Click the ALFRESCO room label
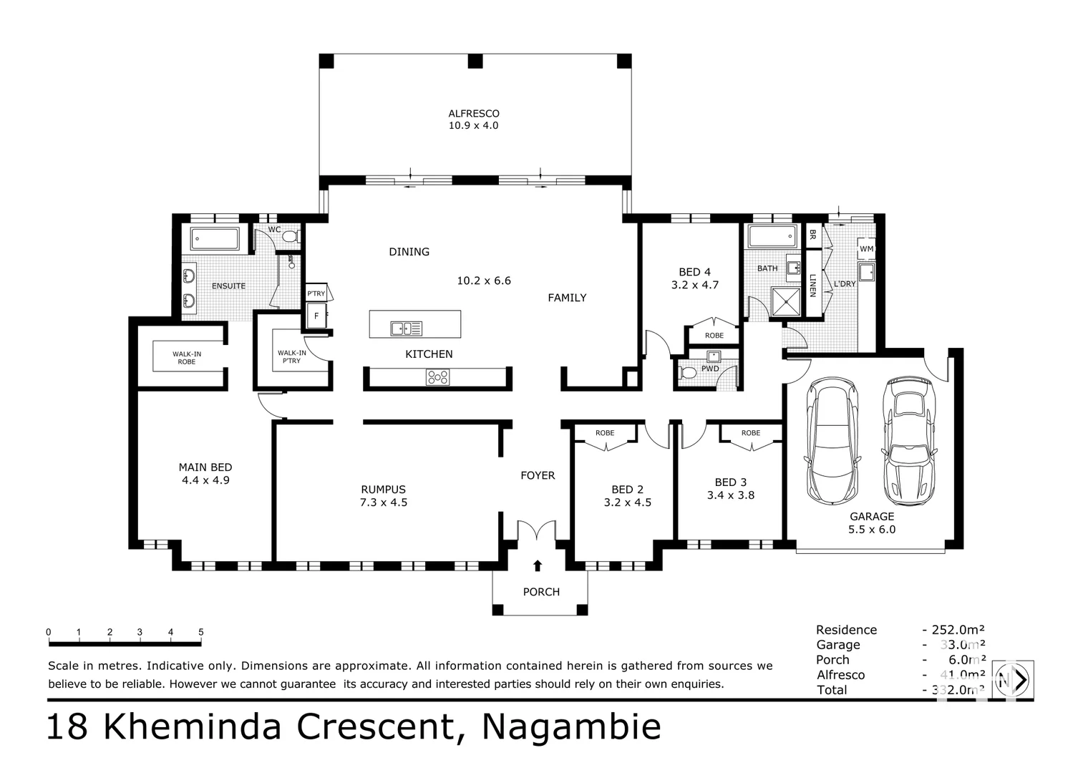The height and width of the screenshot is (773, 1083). point(473,113)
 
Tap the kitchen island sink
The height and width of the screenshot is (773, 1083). point(406,329)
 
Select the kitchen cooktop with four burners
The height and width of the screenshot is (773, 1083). point(437,376)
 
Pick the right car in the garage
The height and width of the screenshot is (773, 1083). point(909,441)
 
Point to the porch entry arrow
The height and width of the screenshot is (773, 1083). point(538,566)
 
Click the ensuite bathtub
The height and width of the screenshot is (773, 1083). point(215,238)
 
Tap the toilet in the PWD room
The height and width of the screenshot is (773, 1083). point(687,372)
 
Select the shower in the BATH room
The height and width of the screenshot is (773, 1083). point(785,301)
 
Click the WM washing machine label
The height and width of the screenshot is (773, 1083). point(866,249)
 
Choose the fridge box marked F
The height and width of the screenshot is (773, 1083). point(316,316)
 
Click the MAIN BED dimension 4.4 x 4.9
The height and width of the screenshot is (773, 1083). point(205,480)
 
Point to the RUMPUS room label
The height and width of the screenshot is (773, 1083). point(383,490)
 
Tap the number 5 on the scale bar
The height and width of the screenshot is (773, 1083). point(201,632)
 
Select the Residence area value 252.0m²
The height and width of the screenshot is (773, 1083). point(958,630)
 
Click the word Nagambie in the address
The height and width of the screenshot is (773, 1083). point(571,727)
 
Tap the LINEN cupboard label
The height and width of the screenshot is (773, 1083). point(812,285)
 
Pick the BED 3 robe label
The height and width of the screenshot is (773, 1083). point(750,433)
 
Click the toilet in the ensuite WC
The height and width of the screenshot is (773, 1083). point(290,235)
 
